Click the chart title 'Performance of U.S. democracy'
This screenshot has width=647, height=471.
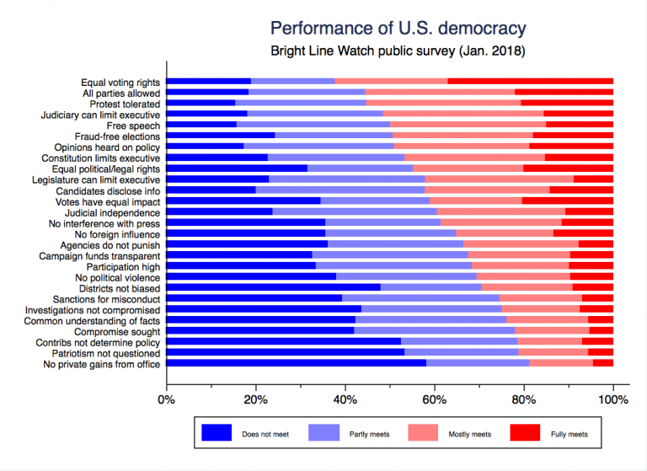pos(398,27)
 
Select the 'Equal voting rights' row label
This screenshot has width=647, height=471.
pos(120,83)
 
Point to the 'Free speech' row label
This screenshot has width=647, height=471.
pos(136,125)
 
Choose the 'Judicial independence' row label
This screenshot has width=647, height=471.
pos(115,212)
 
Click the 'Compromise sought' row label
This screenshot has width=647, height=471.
pos(119,331)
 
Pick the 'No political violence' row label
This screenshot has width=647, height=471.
pos(117,277)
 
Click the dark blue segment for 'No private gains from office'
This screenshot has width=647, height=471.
pos(296,363)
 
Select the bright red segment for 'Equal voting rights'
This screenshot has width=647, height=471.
pos(530,82)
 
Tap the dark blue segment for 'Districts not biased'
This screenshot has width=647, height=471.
pos(273,287)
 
